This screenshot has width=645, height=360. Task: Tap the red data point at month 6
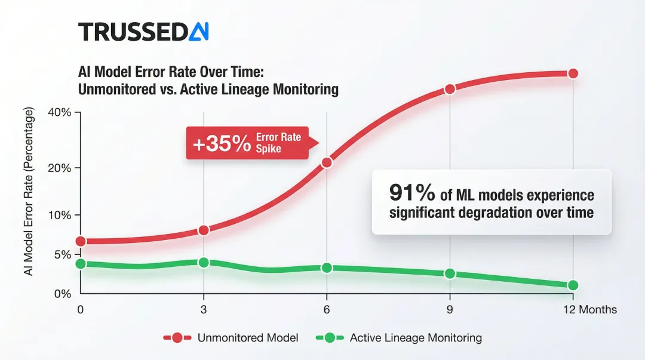327,162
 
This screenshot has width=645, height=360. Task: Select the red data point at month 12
573,73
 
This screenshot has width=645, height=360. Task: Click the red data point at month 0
81,241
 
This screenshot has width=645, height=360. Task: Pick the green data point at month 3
204,263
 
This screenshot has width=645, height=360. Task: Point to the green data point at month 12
573,285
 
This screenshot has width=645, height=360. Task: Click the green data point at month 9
450,273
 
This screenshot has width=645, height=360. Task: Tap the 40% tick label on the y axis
60,113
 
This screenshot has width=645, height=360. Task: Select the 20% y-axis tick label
60,168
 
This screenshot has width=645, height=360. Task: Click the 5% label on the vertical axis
62,255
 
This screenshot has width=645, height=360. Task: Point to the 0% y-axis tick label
62,294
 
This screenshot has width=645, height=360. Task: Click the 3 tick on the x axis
204,310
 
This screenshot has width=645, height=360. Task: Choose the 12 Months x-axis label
589,310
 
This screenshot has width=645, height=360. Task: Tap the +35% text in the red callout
221,143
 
